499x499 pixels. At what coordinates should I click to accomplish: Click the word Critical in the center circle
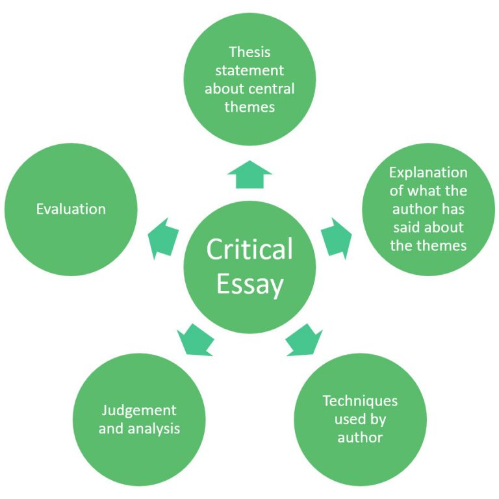tap(249, 249)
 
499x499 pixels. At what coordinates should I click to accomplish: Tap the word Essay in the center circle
tap(249, 284)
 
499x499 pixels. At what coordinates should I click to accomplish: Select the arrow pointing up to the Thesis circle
tap(249, 174)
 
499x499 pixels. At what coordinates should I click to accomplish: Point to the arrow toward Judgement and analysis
tap(195, 339)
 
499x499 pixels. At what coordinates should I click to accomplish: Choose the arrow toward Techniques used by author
tap(304, 339)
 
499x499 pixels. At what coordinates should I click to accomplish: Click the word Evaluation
tap(71, 209)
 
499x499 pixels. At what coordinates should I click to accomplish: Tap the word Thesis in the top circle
tap(249, 51)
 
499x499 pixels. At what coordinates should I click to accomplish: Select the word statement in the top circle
tap(249, 70)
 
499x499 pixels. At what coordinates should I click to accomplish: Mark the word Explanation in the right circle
tap(428, 172)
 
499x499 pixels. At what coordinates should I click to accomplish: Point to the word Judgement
tap(139, 411)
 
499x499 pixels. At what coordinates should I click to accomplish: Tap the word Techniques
tap(360, 401)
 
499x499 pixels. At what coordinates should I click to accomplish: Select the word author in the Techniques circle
tap(360, 437)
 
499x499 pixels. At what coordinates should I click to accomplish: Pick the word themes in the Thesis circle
tap(249, 107)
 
